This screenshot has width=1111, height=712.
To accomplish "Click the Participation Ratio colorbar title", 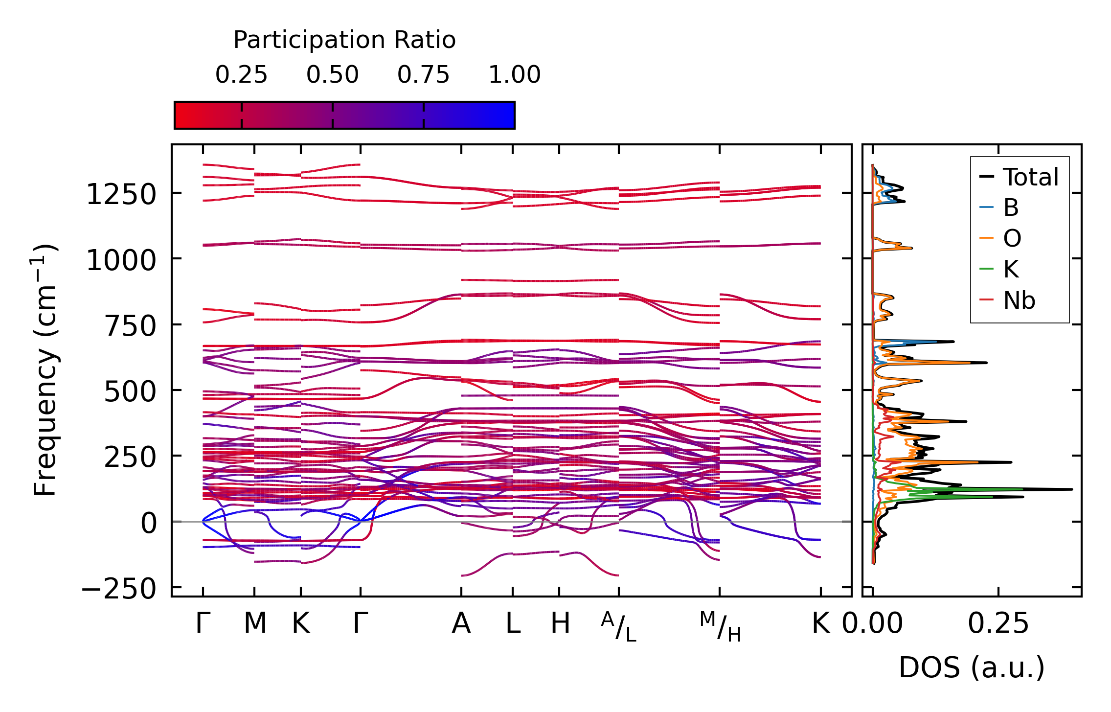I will pos(344,40).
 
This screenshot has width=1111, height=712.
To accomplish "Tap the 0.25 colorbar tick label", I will pos(241,75).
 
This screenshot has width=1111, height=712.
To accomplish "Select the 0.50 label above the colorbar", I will pos(333,75).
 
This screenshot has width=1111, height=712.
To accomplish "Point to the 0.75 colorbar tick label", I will pos(423,75).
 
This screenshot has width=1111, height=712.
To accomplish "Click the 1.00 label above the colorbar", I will pos(515,75).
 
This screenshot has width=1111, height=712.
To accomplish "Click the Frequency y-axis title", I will pos(45,370).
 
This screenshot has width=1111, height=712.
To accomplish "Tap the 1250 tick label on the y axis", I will pos(121,195).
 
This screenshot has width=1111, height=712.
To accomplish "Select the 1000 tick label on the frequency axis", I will pos(121,260).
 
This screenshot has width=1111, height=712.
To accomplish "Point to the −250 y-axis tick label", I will pos(118,589).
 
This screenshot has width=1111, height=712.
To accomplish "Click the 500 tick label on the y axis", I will pos(130,392).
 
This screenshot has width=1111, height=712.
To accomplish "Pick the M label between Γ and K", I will pos(255,623).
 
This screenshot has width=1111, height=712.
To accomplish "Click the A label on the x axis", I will pos(461,623).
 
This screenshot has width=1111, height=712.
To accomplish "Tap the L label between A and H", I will pos(513,623).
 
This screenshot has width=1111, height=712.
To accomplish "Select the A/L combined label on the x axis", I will pos(619,626).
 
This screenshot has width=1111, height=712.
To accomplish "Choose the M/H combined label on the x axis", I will pos(720,626).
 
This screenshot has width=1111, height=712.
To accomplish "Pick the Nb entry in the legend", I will pos(1019,300).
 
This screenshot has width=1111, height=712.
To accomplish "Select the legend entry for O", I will pos(1012,239).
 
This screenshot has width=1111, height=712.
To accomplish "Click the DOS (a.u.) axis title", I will pos(972,667).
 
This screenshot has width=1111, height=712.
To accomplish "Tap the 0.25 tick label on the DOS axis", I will pos(998,624).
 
